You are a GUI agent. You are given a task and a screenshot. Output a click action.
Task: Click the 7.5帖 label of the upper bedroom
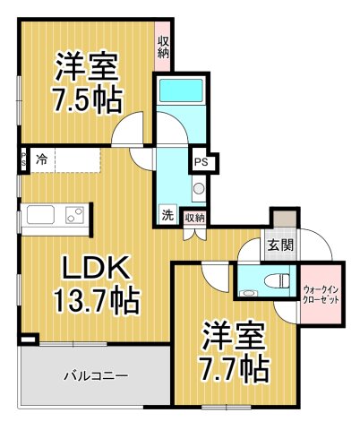88,99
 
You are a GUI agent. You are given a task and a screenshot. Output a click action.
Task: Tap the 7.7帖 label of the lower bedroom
231,367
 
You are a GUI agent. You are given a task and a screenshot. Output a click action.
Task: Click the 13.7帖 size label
97,301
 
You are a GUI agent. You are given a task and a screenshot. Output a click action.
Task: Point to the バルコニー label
95,375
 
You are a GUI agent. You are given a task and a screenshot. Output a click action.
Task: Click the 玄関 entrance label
277,244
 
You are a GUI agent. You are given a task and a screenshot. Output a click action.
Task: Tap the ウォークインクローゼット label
320,295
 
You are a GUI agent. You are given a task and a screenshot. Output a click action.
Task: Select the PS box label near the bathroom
201,163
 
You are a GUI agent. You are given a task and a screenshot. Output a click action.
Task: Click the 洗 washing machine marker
167,215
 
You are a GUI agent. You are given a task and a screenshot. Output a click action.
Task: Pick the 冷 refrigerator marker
42,160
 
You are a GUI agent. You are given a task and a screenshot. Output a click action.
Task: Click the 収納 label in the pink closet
164,47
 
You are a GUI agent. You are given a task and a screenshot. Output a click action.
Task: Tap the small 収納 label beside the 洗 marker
194,217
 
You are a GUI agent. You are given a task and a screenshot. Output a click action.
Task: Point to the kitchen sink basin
41,215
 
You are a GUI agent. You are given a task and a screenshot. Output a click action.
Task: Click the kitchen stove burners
74,215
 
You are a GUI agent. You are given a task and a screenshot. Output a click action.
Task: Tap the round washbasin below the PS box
199,189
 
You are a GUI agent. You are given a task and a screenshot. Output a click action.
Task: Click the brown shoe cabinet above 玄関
283,218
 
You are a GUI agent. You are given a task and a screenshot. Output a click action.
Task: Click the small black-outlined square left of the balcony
29,339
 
